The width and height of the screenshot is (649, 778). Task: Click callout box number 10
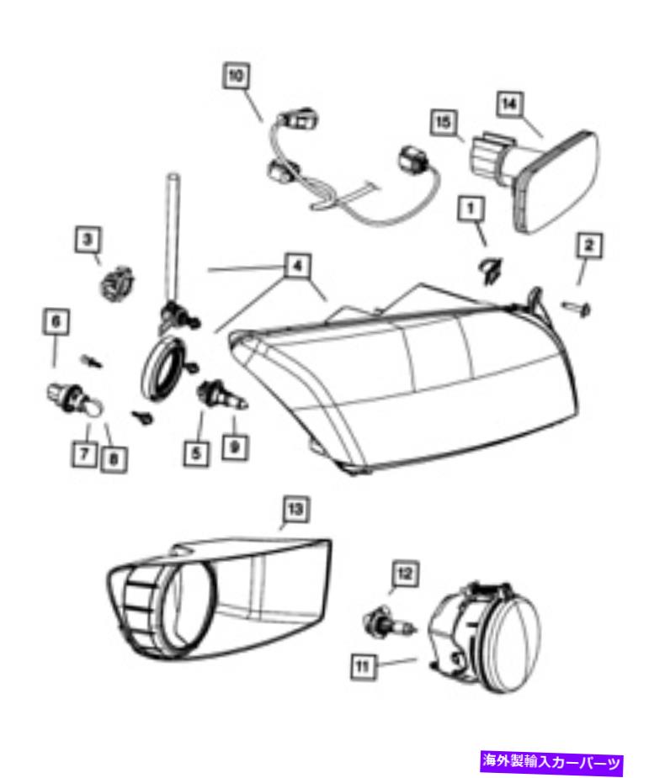coord(236,76)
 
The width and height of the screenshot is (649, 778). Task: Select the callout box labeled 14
coord(509,104)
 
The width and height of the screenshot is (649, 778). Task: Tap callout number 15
coord(444,122)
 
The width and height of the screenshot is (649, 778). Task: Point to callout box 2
coord(589,245)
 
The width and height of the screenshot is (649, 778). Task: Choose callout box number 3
coord(88,241)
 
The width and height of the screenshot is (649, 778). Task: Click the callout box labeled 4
coord(297,266)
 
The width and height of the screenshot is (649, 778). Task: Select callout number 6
coord(56,322)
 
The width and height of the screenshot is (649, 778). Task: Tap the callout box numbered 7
coord(84,453)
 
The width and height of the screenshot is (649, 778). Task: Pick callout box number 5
coord(197,453)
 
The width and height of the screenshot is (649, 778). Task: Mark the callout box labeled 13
coord(295,509)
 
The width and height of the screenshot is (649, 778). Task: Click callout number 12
coord(405,574)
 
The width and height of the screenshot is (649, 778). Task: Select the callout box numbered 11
coord(363,666)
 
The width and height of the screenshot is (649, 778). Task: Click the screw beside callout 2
coord(577,309)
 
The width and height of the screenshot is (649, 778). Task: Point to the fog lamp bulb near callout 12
coord(391,626)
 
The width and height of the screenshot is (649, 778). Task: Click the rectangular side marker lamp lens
coord(557,181)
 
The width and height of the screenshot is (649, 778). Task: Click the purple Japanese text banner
coord(551,762)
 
